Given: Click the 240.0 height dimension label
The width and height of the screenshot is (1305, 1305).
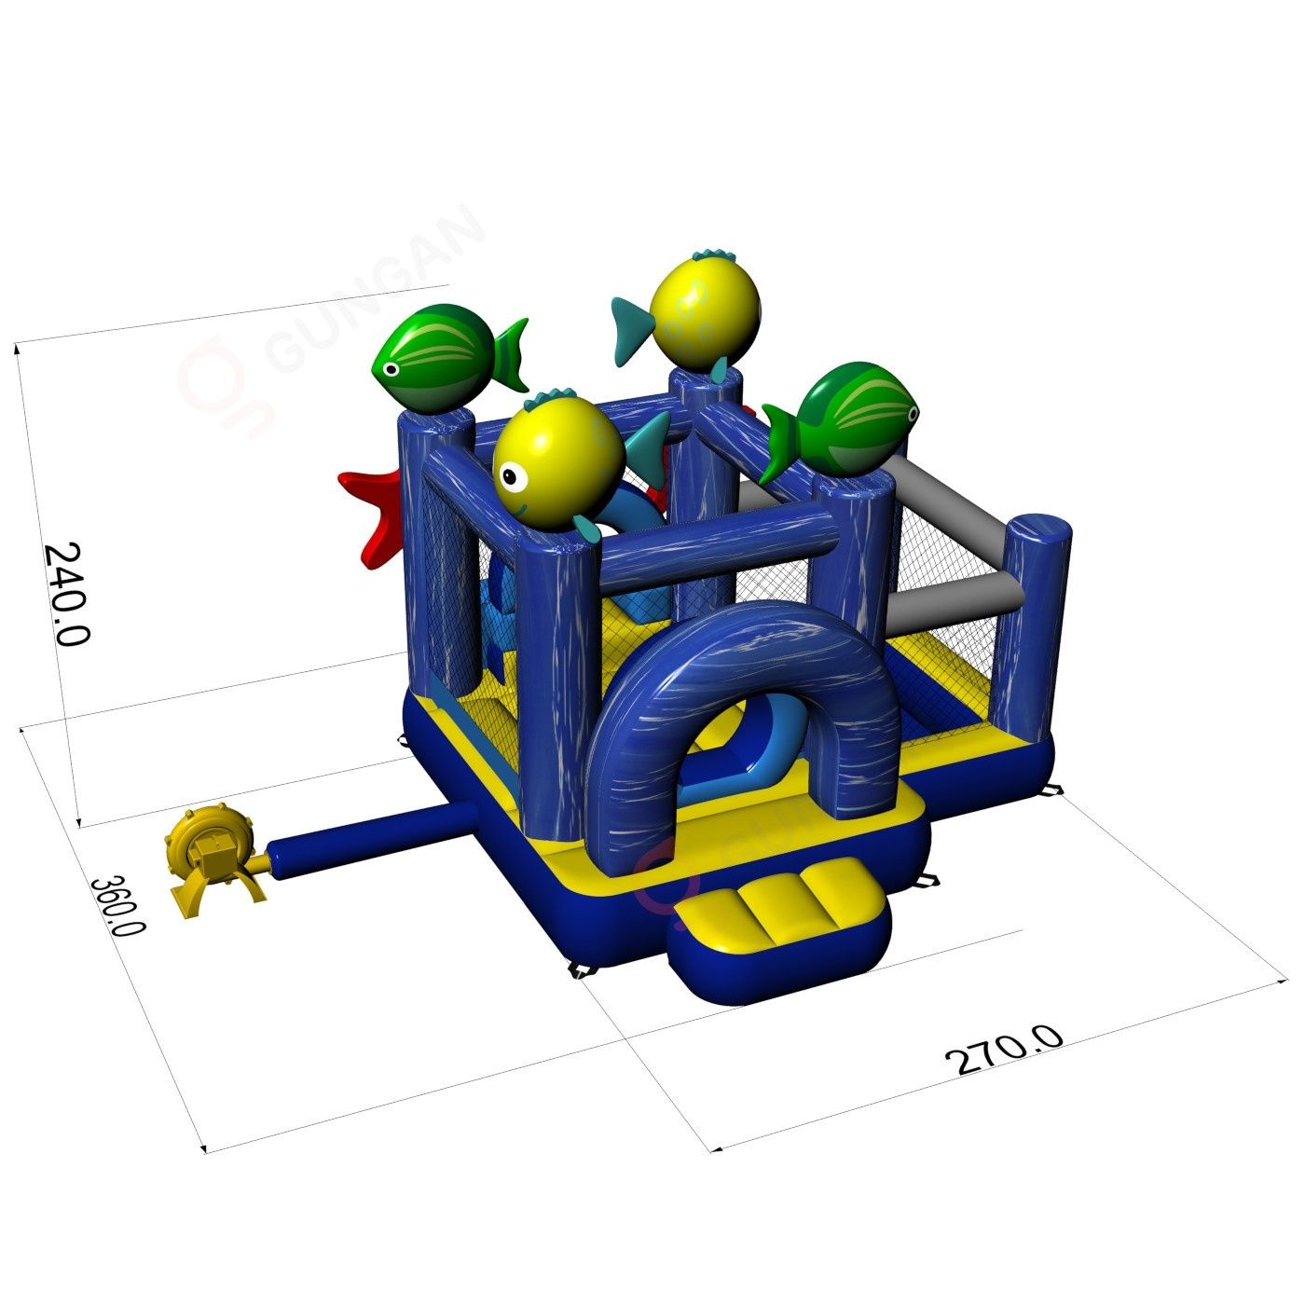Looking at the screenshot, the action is [x=68, y=593].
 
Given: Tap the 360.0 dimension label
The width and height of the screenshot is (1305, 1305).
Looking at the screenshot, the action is [x=117, y=906].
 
